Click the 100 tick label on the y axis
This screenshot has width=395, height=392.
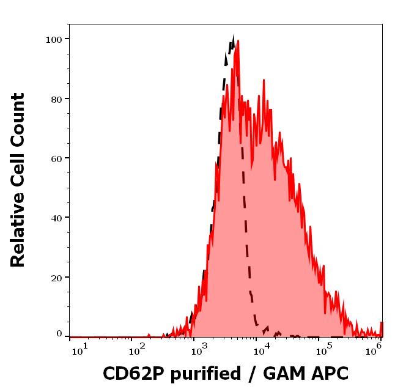tap(53, 39)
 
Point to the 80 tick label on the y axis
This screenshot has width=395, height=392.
tap(56, 98)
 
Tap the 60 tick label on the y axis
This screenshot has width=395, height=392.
tap(56, 158)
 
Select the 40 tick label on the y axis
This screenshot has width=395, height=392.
tap(56, 217)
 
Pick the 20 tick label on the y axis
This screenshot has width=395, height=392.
tap(56, 277)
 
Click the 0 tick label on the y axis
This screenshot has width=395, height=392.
tap(59, 334)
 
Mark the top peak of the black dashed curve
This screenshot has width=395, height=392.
tap(233, 38)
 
